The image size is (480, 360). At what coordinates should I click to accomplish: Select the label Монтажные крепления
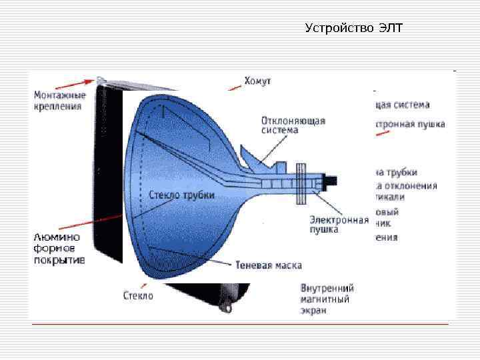coord(60,100)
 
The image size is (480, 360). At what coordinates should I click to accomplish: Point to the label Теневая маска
coord(269,265)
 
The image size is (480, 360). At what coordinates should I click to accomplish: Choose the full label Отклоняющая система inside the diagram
coord(293,125)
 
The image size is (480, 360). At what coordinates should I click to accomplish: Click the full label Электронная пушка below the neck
coord(339,224)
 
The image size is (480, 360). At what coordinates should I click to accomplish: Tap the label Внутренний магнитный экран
coord(327,299)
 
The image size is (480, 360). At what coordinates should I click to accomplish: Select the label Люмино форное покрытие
coord(59,249)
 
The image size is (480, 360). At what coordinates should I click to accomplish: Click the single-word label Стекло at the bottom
coord(138,295)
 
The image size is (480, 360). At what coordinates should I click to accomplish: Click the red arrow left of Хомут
coord(234,85)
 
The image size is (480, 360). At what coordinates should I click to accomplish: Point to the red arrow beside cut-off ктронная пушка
coord(383,133)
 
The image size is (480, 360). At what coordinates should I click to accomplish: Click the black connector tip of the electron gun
coord(331,181)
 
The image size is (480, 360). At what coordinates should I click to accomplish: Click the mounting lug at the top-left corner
coord(101,80)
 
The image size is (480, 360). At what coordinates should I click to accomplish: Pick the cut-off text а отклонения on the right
coord(406,185)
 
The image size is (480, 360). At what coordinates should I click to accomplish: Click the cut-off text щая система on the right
coord(402,105)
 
